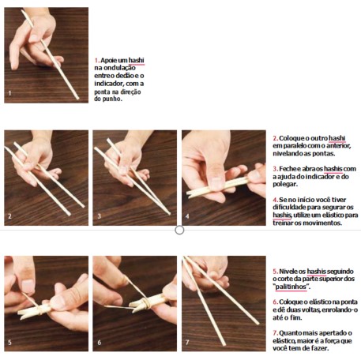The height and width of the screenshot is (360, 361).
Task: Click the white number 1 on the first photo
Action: point(9,93)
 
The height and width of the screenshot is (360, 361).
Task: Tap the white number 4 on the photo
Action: point(187,216)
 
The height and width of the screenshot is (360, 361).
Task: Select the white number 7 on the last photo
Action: point(187,343)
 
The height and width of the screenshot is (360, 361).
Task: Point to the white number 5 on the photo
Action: point(9,343)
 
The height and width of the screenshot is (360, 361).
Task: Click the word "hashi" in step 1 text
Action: point(137,60)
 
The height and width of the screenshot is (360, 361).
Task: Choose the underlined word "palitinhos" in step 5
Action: point(291,287)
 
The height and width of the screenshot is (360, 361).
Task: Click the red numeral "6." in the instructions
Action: point(276,302)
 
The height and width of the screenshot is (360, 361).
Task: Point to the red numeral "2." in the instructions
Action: point(276,138)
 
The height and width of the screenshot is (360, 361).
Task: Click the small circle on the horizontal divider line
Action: point(179,230)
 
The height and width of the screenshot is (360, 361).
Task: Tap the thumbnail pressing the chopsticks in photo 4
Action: point(216,183)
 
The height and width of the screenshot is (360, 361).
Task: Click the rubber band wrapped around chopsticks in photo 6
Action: point(145,303)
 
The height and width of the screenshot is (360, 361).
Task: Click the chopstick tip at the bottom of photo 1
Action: point(77,98)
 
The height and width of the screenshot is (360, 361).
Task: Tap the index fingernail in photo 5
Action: point(28,286)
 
